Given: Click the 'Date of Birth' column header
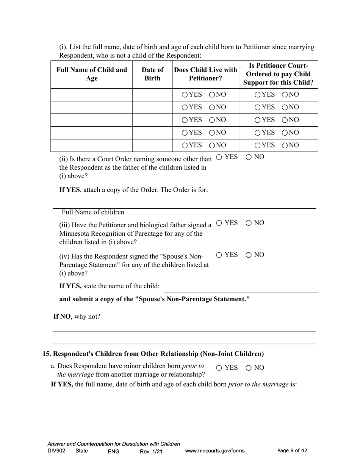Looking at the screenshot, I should pos(152,74).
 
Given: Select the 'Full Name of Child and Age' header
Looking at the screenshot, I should pos(92,74).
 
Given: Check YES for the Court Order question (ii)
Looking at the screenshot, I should pos(219,158).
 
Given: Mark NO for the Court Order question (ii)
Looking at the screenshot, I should pos(249,158).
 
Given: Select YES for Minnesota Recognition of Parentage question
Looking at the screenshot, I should pos(219,223).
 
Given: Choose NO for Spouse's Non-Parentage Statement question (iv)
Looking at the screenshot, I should pos(249,255).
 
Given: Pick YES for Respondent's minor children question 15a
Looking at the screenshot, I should pos(219,368).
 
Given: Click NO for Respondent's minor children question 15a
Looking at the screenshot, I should pos(249,368).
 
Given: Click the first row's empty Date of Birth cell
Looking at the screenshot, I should pos(152,94).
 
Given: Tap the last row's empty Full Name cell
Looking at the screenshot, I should pos(92,145).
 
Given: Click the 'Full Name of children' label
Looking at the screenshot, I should pos(93,212).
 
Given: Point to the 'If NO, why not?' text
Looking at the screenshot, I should pos(77,317).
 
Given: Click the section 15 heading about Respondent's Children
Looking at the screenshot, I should pos(153,354).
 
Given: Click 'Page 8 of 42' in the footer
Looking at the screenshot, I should pos(292,451).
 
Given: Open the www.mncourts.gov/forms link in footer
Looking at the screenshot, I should pos(214,451).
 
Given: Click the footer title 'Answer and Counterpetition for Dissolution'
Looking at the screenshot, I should pos(114,444).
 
